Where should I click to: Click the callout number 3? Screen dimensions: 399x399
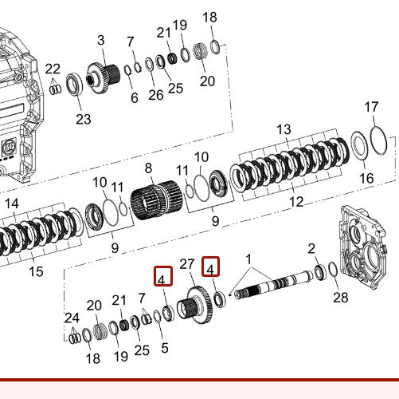(x=101, y=40)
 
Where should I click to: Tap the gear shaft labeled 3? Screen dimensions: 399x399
(x=101, y=77)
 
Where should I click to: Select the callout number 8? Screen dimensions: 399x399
(x=148, y=169)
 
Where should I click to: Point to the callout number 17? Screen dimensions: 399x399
(x=371, y=107)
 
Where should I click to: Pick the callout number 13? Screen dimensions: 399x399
(x=284, y=129)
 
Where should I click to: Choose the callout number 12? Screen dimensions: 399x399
(x=295, y=203)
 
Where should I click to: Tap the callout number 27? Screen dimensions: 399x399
(x=187, y=264)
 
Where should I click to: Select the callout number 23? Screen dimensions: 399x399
(x=84, y=119)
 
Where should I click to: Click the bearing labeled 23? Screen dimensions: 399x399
(x=74, y=83)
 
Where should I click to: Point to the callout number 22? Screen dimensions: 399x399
(x=53, y=69)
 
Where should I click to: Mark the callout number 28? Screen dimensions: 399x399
(x=341, y=298)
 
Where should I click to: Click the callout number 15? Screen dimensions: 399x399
(x=36, y=272)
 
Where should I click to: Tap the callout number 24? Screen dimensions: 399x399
(x=72, y=317)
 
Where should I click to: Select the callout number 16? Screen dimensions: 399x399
(x=366, y=179)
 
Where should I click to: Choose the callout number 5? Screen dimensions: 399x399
(x=164, y=348)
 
